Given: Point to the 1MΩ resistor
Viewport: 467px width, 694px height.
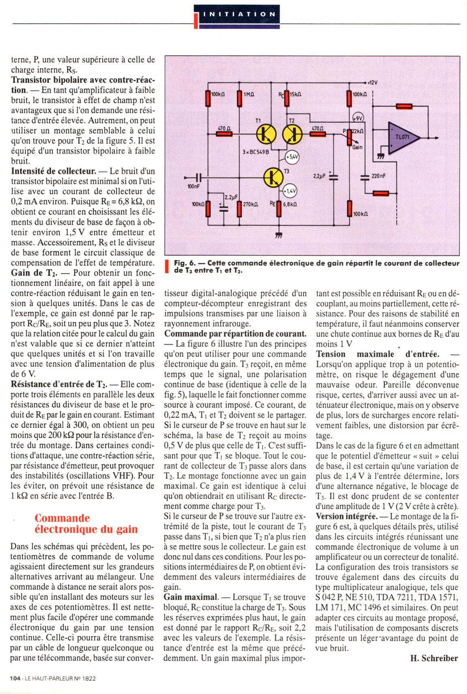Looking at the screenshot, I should pyautogui.click(x=239, y=98).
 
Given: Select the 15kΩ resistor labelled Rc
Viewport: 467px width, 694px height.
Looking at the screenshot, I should pyautogui.click(x=287, y=97).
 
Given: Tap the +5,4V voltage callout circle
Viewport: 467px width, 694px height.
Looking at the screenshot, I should pyautogui.click(x=292, y=156).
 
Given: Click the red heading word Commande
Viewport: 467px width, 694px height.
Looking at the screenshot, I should pyautogui.click(x=62, y=518).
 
